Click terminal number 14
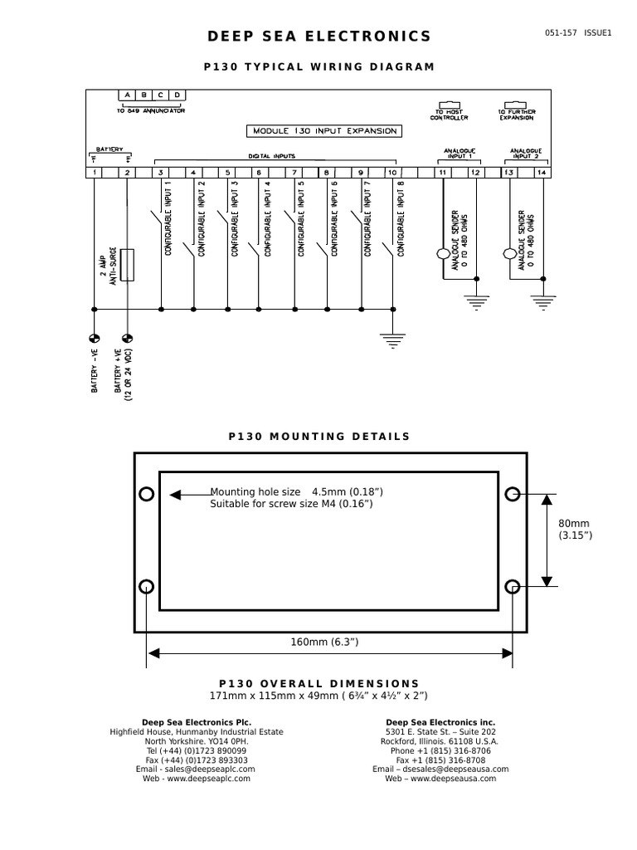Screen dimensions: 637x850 [x=542, y=173]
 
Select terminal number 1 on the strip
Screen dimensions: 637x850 [x=95, y=173]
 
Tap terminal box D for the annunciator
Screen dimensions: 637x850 [x=177, y=95]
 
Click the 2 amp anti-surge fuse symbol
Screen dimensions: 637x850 [x=127, y=264]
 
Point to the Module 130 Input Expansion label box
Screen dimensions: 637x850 [x=325, y=131]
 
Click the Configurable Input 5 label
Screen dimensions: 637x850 [x=301, y=218]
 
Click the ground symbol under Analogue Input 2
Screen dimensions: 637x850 [x=542, y=302]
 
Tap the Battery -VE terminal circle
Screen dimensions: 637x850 [x=94, y=339]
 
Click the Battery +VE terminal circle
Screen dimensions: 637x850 [x=127, y=339]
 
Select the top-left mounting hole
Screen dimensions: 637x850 [x=147, y=495]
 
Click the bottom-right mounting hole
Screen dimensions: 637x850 [x=513, y=587]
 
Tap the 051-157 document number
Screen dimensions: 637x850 [x=561, y=32]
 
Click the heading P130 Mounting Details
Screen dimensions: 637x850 [x=319, y=437]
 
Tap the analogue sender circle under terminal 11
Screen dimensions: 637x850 [x=443, y=253]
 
